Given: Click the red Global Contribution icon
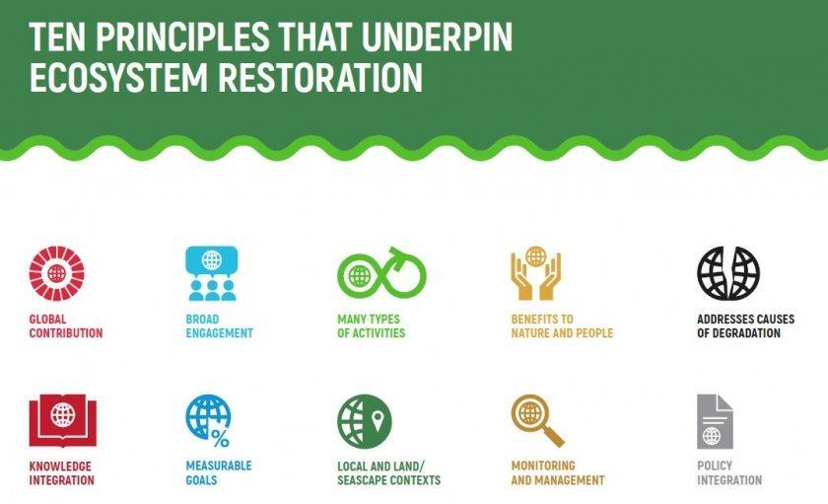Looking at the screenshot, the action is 56,273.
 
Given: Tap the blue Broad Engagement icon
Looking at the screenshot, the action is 212,273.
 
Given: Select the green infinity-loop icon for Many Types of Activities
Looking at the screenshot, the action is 381,272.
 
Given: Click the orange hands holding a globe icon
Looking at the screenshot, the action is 535,273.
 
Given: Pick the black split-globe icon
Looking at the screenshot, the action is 728,273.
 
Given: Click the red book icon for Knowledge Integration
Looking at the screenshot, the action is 62,420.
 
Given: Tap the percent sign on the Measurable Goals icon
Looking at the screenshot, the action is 220,438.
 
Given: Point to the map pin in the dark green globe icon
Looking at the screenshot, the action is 377,420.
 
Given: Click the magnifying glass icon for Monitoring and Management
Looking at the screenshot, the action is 537,420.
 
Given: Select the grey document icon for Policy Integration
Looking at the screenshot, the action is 715,421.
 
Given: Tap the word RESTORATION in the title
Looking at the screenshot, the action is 320,78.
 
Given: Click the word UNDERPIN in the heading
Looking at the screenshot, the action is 437,36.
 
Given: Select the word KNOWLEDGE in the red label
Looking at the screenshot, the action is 60,467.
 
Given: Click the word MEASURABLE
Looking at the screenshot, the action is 219,466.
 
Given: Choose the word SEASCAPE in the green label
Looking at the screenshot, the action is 360,480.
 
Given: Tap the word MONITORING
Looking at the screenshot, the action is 543,466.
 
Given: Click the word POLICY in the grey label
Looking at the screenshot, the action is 715,466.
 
